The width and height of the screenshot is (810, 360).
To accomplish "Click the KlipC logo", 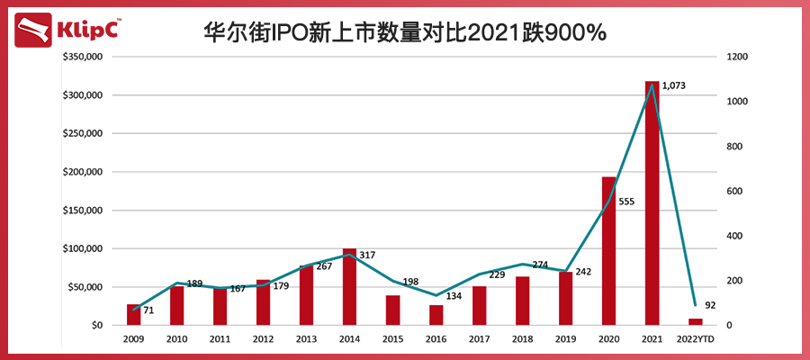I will pyautogui.click(x=67, y=31).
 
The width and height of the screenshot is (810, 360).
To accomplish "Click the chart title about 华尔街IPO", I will pyautogui.click(x=405, y=32).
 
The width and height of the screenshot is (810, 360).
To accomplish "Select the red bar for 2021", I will pyautogui.click(x=652, y=202).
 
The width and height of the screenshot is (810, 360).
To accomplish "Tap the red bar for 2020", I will pyautogui.click(x=609, y=250).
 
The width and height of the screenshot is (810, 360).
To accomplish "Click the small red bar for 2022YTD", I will pyautogui.click(x=696, y=321).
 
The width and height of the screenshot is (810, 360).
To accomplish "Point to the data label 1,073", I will pyautogui.click(x=674, y=86).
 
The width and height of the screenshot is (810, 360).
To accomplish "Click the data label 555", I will pyautogui.click(x=626, y=202).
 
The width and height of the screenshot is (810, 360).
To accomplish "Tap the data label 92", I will pyautogui.click(x=710, y=305).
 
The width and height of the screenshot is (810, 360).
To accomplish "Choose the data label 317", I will pyautogui.click(x=366, y=256).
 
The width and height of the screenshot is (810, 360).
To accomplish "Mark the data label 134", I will pyautogui.click(x=454, y=296).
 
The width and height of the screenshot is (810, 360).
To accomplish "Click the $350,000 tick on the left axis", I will pyautogui.click(x=82, y=57).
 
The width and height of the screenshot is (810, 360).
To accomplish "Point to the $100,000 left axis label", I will pyautogui.click(x=82, y=248).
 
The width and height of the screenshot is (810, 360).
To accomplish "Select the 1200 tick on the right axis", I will pyautogui.click(x=738, y=57).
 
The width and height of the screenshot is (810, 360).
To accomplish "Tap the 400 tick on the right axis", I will pyautogui.click(x=735, y=236).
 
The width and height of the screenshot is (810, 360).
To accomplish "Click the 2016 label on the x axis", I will pyautogui.click(x=436, y=339).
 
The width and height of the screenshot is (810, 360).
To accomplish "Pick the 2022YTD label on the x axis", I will pyautogui.click(x=696, y=339).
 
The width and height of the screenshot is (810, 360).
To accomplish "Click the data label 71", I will pyautogui.click(x=148, y=310).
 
